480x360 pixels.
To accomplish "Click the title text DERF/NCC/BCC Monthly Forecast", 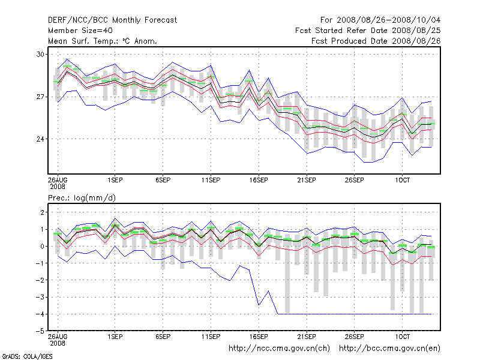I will click(112, 20).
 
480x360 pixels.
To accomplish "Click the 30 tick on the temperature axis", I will click(41, 54).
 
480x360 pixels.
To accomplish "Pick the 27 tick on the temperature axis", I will click(41, 97).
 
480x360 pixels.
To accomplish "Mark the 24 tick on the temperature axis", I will click(41, 139).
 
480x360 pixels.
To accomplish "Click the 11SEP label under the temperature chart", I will click(211, 179).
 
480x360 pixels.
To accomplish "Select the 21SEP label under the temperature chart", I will click(307, 179).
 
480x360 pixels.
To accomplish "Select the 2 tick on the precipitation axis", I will click(42, 212).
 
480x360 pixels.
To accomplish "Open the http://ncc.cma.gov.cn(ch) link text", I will click(280, 348).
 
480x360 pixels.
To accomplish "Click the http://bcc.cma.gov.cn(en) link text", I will click(391, 348).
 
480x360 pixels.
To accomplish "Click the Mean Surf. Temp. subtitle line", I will click(103, 41).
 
